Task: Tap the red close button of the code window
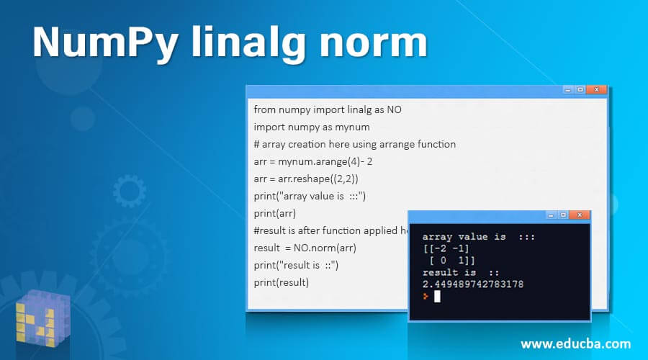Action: [x=595, y=90]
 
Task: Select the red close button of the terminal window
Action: [x=578, y=215]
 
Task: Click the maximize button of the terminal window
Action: [x=562, y=215]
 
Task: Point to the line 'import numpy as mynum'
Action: [x=302, y=127]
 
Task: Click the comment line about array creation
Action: [x=354, y=144]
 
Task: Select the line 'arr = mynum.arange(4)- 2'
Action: [x=312, y=161]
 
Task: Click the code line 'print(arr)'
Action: [x=274, y=213]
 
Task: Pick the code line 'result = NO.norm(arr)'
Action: [x=305, y=248]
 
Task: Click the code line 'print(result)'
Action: [x=281, y=282]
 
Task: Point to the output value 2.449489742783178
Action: [x=473, y=284]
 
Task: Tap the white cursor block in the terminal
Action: [x=436, y=296]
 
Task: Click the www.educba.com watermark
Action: [x=576, y=343]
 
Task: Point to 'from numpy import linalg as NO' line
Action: [x=328, y=109]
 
